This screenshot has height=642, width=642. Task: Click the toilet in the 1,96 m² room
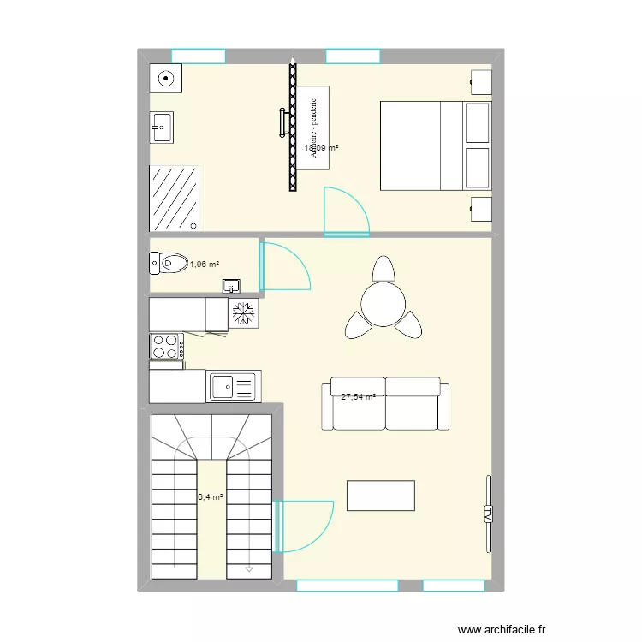(x=171, y=262)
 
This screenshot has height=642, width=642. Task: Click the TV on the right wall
(x=488, y=514)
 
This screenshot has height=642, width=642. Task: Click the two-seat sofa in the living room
(x=385, y=405)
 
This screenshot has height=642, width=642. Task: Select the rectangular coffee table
(x=380, y=496)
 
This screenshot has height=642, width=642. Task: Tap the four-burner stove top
(x=165, y=346)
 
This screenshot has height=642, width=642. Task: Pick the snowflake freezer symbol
(x=243, y=313)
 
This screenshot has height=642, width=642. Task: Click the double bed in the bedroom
(x=436, y=146)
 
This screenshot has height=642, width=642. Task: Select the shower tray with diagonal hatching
(x=175, y=198)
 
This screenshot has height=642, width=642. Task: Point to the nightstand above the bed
(x=481, y=83)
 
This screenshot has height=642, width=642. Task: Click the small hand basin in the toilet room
(x=231, y=286)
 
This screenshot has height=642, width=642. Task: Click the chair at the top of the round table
(x=383, y=269)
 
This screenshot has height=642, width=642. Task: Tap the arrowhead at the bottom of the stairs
(x=248, y=568)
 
